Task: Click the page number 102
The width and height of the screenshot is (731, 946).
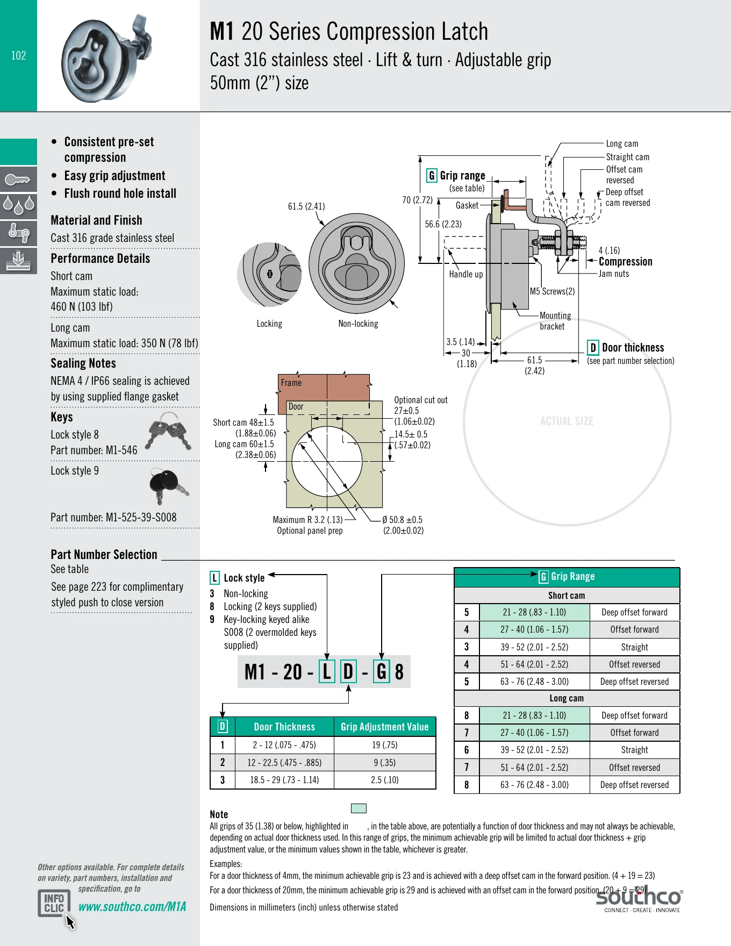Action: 19,55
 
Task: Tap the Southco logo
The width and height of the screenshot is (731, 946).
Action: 639,899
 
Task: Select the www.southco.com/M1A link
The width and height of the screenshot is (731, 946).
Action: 132,907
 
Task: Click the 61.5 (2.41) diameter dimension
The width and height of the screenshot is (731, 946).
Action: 306,206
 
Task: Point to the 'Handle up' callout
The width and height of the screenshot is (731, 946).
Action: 466,274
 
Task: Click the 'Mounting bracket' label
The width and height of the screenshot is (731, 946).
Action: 555,321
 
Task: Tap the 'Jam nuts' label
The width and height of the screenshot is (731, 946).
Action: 614,274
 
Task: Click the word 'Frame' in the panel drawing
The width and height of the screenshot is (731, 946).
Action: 291,383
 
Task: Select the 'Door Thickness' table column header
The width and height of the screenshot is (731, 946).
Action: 284,727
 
